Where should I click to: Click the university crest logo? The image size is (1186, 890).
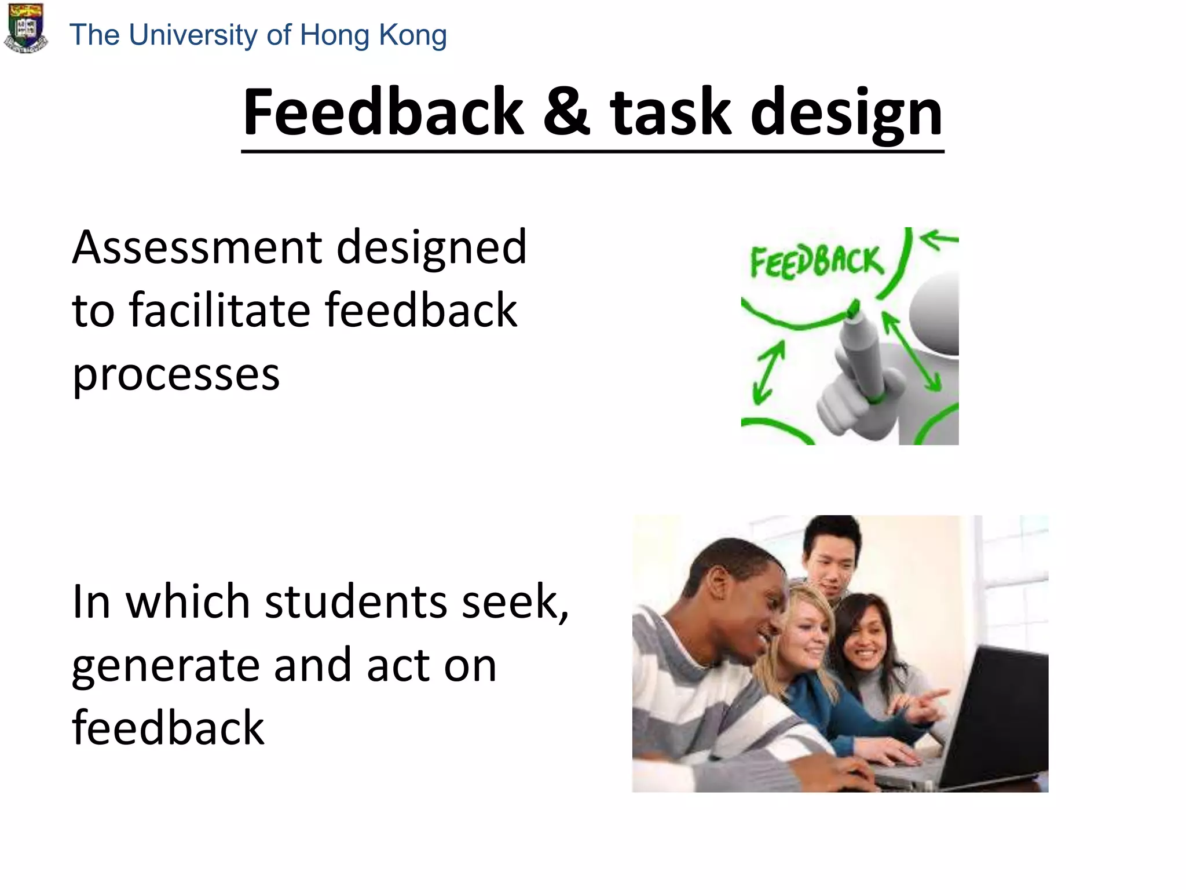pos(25,28)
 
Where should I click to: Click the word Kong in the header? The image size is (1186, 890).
pos(412,35)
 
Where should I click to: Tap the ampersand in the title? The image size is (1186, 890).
pos(566,111)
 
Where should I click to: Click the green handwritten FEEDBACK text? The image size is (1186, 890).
pos(817,261)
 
